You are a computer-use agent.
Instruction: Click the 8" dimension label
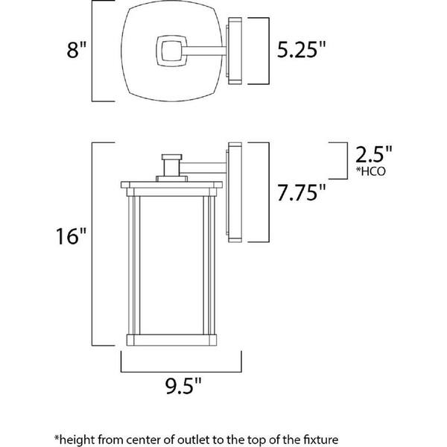[76, 50]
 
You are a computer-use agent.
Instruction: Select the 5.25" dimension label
[301, 50]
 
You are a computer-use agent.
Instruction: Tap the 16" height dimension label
[71, 236]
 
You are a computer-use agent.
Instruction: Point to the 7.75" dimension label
[301, 192]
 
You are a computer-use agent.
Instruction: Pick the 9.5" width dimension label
[183, 385]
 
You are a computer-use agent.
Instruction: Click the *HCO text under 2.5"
[370, 171]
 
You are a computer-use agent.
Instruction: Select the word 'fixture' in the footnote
[322, 440]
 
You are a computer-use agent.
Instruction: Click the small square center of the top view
[171, 51]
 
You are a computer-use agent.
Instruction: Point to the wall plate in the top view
[235, 51]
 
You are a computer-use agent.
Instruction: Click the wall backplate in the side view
[235, 192]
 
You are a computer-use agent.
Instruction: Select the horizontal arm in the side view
[203, 168]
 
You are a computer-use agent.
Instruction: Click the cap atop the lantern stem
[171, 157]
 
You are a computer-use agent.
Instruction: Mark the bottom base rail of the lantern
[171, 340]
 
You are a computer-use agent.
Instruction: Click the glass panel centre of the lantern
[171, 265]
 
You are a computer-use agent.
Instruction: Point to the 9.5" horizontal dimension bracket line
[181, 372]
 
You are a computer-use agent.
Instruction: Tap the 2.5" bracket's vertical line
[347, 161]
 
